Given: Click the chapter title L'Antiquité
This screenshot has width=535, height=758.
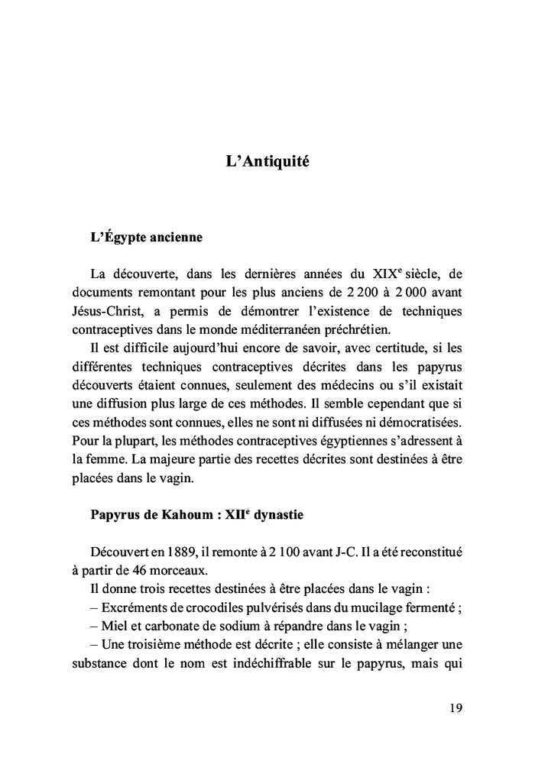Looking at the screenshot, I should click(x=267, y=162).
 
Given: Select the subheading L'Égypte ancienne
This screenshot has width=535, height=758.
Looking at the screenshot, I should click(x=146, y=237).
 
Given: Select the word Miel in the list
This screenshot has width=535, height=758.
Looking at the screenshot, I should click(x=113, y=626).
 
